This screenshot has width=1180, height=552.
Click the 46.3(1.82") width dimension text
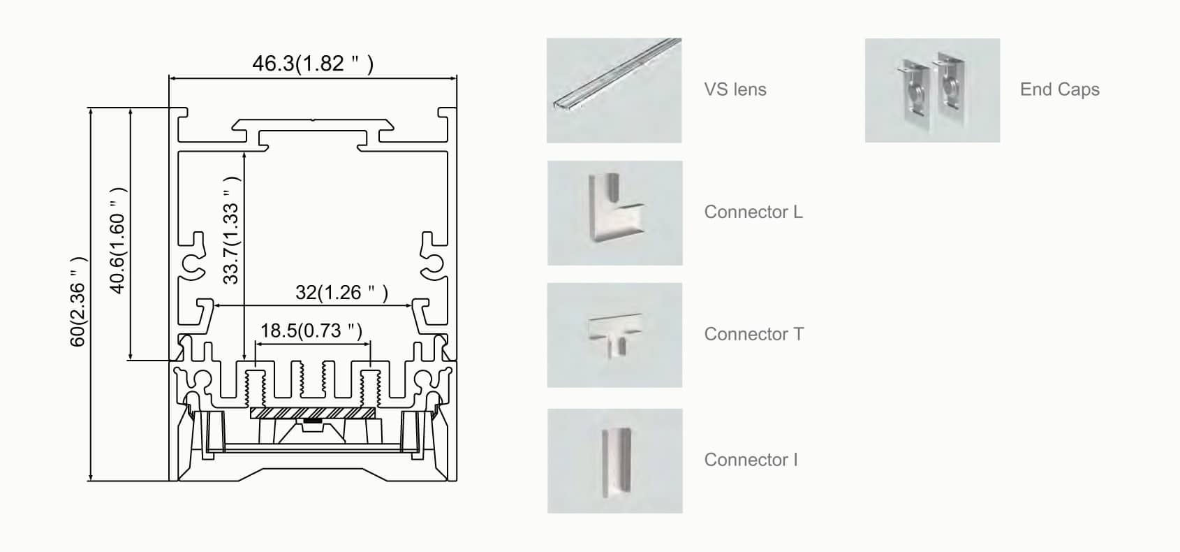click(x=313, y=64)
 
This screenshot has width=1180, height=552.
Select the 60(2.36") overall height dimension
click(x=78, y=302)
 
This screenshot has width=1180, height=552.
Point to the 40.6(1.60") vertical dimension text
click(x=117, y=240)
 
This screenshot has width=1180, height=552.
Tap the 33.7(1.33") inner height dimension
click(x=231, y=231)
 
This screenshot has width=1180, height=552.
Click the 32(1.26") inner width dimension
click(x=341, y=292)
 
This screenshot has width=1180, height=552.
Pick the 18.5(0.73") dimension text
click(x=311, y=331)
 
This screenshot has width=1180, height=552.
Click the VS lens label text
click(x=735, y=89)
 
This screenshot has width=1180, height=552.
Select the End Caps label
click(x=1059, y=89)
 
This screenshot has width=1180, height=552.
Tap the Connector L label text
click(x=753, y=212)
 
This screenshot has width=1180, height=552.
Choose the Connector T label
click(x=754, y=334)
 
